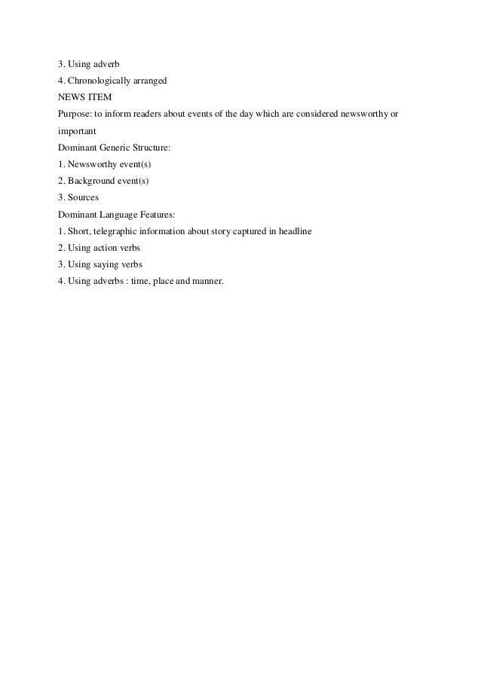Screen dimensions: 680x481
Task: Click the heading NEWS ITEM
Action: [x=84, y=97]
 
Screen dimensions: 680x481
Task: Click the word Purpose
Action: [x=74, y=114]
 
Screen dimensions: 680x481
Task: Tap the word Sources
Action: [x=83, y=197]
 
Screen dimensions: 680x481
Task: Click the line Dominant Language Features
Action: [x=116, y=214]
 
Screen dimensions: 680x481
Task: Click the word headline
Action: [x=305, y=230]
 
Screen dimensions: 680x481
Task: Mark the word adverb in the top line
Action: [x=106, y=64]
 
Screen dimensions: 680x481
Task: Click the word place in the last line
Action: [x=164, y=281]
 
